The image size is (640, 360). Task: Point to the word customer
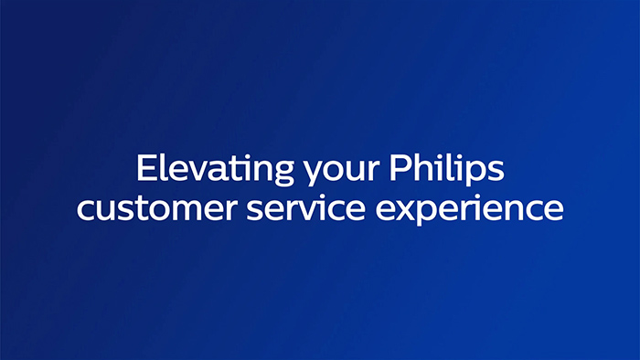[147, 208]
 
